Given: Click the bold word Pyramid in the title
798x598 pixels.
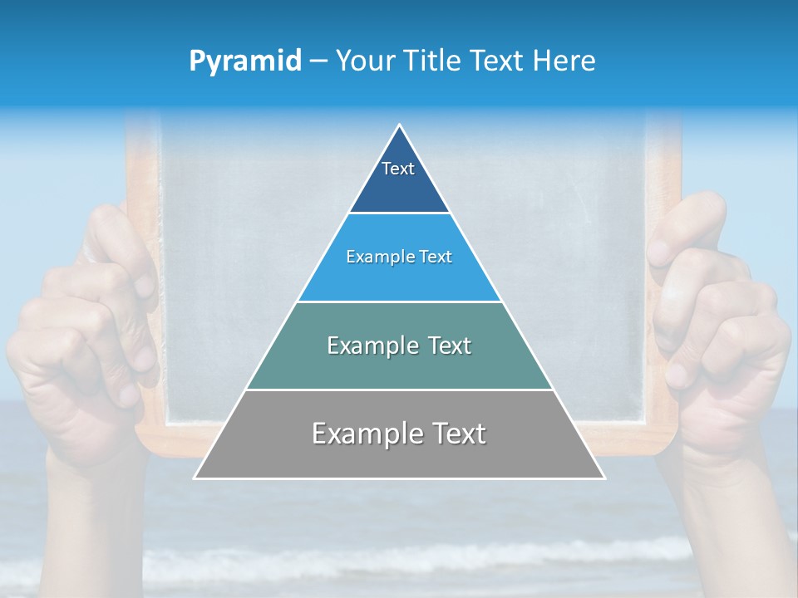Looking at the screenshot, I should [244, 61].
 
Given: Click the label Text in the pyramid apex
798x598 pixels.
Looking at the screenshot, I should [398, 169].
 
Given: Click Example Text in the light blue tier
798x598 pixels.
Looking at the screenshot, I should [399, 257].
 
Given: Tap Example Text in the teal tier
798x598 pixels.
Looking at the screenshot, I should [399, 346].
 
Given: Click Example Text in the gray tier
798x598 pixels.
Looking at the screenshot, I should [399, 434].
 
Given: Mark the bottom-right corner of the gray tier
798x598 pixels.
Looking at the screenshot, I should [603, 478].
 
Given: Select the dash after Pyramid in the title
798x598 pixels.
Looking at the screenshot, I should [318, 61].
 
